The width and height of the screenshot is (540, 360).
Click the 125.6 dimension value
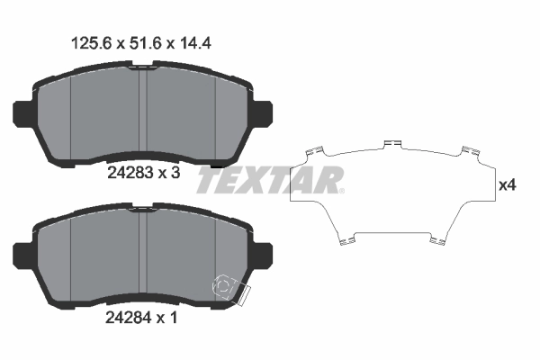91,44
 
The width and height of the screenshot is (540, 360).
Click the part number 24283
130,173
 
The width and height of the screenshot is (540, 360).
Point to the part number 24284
128,318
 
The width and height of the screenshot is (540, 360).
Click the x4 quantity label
508,186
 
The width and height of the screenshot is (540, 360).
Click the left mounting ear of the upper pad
21,113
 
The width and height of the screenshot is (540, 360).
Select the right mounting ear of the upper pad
264,113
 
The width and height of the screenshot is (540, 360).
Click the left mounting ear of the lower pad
21,256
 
